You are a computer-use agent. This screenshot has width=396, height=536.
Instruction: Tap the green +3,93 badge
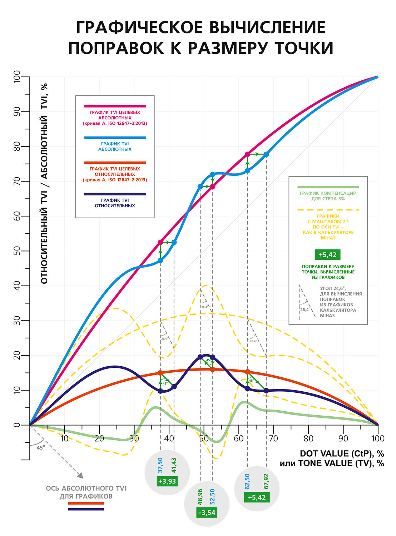pyautogui.click(x=167, y=481)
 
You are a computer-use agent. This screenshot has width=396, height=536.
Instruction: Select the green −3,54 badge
pyautogui.click(x=207, y=513)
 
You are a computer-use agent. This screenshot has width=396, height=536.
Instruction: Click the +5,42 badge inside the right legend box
pyautogui.click(x=327, y=254)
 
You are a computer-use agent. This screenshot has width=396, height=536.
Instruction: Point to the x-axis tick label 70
pyautogui.click(x=273, y=438)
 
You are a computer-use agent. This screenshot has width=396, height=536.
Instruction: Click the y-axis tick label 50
pyautogui.click(x=17, y=251)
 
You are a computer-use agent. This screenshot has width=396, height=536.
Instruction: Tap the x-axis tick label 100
pyautogui.click(x=378, y=438)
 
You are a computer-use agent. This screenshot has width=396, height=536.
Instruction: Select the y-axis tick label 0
pyautogui.click(x=17, y=425)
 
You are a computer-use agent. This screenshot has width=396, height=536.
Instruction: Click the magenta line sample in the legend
pyautogui.click(x=115, y=106)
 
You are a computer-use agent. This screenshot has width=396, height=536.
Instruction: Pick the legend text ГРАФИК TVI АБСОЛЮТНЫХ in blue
pyautogui.click(x=115, y=147)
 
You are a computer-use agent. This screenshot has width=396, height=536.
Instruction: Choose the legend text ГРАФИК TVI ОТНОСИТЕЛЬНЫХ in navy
pyautogui.click(x=115, y=203)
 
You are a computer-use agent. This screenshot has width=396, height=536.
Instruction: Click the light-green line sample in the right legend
pyautogui.click(x=328, y=187)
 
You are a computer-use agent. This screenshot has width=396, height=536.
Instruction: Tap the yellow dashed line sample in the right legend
pyautogui.click(x=328, y=210)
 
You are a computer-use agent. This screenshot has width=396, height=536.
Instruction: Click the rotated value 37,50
pyautogui.click(x=160, y=465)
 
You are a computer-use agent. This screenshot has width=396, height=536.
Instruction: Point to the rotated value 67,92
pyautogui.click(x=266, y=481)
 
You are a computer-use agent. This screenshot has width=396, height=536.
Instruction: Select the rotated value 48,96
pyautogui.click(x=200, y=497)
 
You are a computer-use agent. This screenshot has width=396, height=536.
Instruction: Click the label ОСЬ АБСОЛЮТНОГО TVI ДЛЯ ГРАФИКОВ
pyautogui.click(x=86, y=492)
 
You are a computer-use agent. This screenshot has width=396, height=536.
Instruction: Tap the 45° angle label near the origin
pyautogui.click(x=41, y=447)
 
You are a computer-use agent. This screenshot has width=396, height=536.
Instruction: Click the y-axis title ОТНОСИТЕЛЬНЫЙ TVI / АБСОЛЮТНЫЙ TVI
pyautogui.click(x=44, y=184)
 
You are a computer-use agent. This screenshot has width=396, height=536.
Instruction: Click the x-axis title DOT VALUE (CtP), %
pyautogui.click(x=342, y=453)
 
